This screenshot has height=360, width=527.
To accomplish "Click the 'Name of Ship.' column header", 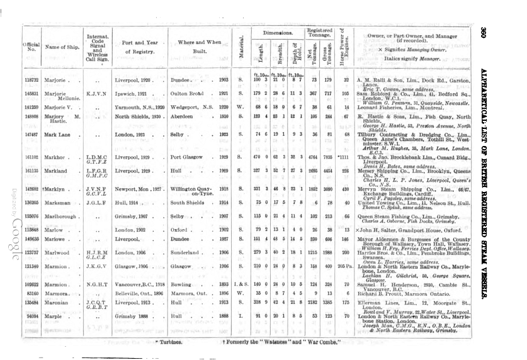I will coord(61,47).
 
